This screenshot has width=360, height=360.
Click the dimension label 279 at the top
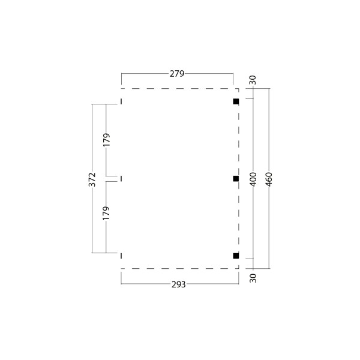pos(177,74)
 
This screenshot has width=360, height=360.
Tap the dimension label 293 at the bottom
pos(178,284)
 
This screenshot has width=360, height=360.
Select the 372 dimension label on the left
pos(92,179)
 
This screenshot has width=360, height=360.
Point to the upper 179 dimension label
pos(106,140)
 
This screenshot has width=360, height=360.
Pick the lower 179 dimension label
pos(106,213)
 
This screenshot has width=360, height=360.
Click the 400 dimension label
pos(253,179)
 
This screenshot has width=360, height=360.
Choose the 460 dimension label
pos(269,179)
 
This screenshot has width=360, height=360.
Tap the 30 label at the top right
pos(253,79)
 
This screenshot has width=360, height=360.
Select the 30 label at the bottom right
pos(253,278)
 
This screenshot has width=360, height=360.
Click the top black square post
pos(236,101)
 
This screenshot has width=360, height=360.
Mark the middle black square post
pos(236,179)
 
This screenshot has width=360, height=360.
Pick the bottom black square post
pos(236,256)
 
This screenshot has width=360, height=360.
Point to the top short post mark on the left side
pos(121,101)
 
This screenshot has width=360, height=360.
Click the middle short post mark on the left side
pos(121,179)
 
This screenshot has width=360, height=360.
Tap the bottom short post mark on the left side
pos(121,256)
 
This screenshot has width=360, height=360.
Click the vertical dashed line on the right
pos(239,144)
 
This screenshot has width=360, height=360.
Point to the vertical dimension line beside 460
pos(269,132)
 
